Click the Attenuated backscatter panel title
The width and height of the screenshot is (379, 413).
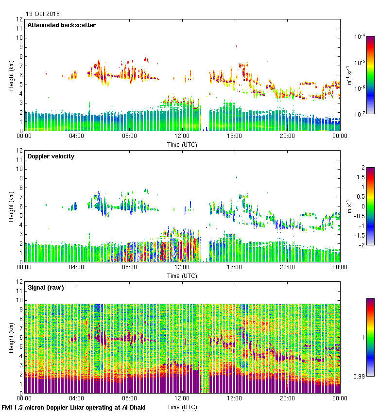pos(61,25)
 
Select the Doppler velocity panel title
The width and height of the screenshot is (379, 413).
pos(51,156)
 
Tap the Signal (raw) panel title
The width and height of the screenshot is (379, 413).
pos(46,288)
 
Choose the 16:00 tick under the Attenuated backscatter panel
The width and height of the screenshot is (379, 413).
pos(235,137)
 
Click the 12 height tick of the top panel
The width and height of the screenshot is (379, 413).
pos(19,19)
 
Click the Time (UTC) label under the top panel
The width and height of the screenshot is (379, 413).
pos(182,144)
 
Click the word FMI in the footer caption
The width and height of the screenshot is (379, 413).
pos(7,407)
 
